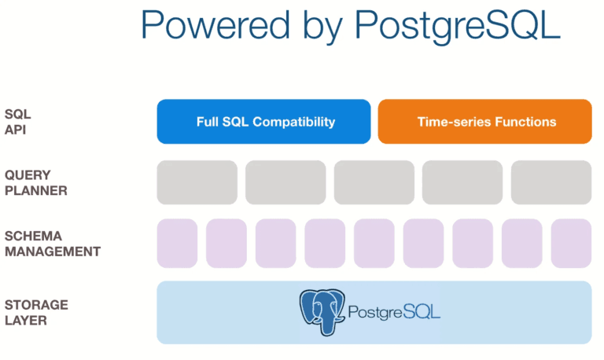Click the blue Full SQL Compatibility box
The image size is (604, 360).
(263, 122)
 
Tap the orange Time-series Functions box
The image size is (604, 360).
(484, 122)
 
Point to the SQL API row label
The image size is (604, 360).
(18, 122)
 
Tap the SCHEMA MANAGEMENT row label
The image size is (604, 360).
(52, 244)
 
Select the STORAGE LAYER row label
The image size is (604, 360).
(36, 312)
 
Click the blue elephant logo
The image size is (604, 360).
(322, 312)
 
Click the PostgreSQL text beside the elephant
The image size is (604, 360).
(394, 312)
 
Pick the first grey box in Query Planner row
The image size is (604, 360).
(197, 182)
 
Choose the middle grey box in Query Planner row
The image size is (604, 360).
(374, 182)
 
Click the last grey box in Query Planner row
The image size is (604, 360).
(551, 182)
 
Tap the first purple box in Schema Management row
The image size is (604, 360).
(177, 244)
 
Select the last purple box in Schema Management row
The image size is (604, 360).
(571, 244)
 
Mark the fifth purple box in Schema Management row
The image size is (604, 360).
(374, 244)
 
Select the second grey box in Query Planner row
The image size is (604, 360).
(285, 182)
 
